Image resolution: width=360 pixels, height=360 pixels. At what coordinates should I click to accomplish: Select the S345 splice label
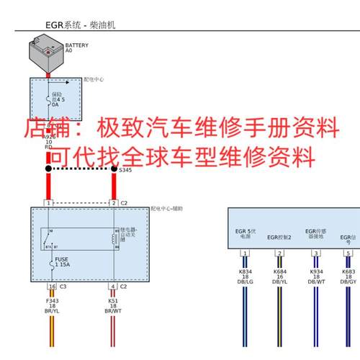125,170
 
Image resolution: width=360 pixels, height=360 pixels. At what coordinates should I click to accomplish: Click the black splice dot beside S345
113,168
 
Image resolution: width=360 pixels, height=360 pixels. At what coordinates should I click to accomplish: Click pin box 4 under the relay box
112,287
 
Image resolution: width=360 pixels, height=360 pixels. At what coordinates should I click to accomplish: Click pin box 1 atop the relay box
48,203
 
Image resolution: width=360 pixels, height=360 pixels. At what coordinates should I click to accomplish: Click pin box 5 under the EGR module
348,253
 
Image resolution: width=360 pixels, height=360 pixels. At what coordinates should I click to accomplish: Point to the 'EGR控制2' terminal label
279,236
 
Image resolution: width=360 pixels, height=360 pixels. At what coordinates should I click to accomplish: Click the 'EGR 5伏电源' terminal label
246,233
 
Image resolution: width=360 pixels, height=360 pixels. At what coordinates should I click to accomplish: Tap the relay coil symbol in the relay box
114,238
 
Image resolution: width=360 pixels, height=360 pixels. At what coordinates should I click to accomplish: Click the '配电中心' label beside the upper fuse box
94,79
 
